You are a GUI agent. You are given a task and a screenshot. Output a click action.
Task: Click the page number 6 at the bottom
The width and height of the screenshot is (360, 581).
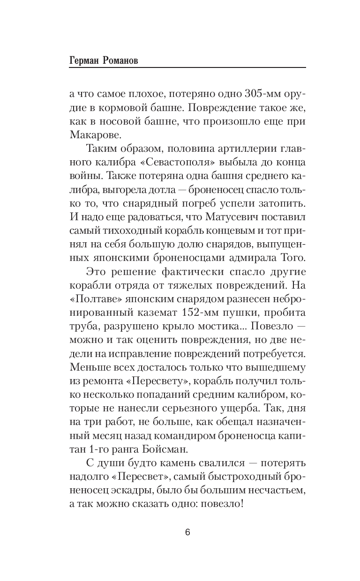(187, 532)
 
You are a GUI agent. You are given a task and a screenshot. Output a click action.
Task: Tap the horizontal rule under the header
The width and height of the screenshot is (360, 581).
(187, 69)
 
